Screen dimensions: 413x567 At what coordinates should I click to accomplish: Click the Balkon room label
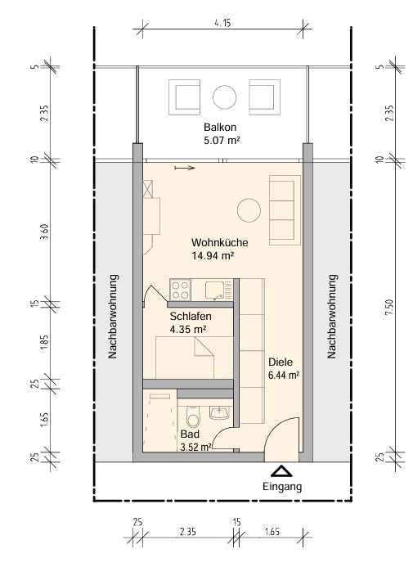pyautogui.click(x=220, y=128)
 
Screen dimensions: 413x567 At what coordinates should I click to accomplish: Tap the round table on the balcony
pyautogui.click(x=224, y=97)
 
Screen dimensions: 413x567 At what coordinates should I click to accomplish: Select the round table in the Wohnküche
pyautogui.click(x=249, y=210)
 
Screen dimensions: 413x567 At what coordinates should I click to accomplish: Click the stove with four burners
pyautogui.click(x=180, y=290)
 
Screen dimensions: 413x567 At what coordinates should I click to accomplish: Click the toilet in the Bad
pyautogui.click(x=193, y=416)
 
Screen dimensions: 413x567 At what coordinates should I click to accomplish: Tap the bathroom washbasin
pyautogui.click(x=219, y=412)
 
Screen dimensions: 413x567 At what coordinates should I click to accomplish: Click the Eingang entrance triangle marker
pyautogui.click(x=281, y=470)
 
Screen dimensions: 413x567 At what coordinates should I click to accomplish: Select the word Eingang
pyautogui.click(x=282, y=487)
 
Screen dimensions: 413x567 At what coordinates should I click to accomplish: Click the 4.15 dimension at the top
pyautogui.click(x=222, y=23)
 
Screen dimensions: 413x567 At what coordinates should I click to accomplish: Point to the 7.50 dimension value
pyautogui.click(x=389, y=307)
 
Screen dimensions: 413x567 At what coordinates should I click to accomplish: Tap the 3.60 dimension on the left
pyautogui.click(x=44, y=232)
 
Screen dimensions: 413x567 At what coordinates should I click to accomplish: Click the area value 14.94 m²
pyautogui.click(x=213, y=255)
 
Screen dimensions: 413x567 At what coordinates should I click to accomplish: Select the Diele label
pyautogui.click(x=281, y=362)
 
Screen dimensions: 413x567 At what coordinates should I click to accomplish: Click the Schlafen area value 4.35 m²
pyautogui.click(x=188, y=330)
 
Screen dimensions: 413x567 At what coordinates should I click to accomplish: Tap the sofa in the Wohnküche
pyautogui.click(x=285, y=210)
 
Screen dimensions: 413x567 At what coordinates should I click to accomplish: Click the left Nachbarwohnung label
pyautogui.click(x=113, y=317)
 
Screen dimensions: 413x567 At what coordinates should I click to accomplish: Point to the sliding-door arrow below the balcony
pyautogui.click(x=185, y=168)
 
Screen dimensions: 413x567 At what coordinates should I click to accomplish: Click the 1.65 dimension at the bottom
pyautogui.click(x=272, y=532)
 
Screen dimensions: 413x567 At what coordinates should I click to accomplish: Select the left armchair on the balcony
pyautogui.click(x=184, y=97)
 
